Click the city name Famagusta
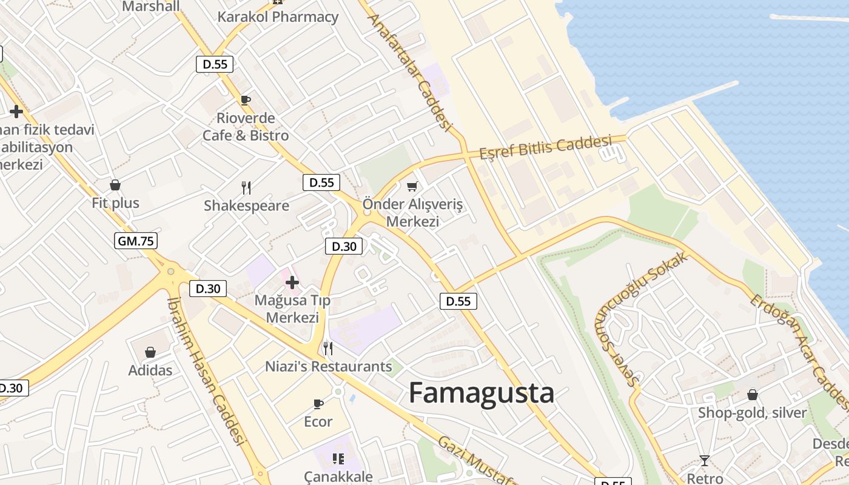[x=481, y=393]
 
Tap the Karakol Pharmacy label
[x=278, y=16]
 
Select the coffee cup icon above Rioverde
[x=246, y=100]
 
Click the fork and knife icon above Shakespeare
[x=246, y=188]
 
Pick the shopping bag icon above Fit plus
[x=115, y=185]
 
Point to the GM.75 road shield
[x=136, y=241]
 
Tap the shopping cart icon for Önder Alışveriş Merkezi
[x=412, y=187]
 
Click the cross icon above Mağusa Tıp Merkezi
[x=292, y=283]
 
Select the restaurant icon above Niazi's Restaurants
[x=328, y=349]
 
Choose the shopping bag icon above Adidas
[x=150, y=352]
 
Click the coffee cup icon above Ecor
[x=318, y=404]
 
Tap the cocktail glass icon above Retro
[x=704, y=461]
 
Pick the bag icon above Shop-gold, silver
[x=752, y=395]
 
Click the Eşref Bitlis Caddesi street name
[x=545, y=147]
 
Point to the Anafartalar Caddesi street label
[x=410, y=72]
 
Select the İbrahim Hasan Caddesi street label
[x=206, y=371]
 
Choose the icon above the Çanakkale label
[x=338, y=458]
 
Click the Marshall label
[x=151, y=6]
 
